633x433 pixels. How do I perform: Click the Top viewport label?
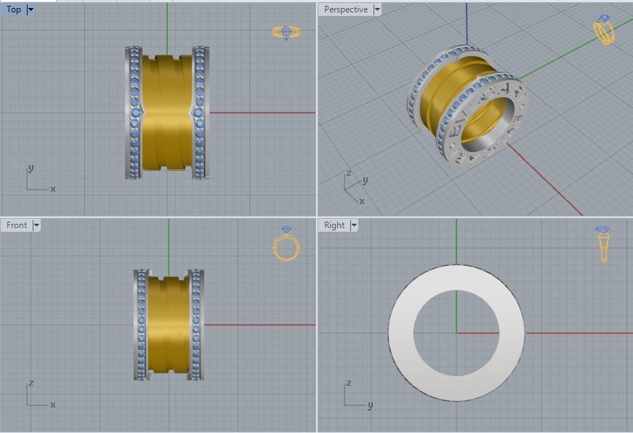coord(13,9)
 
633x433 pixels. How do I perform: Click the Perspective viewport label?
coord(345,9)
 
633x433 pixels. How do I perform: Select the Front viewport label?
coord(16,225)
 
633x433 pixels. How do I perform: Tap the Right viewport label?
coord(334,225)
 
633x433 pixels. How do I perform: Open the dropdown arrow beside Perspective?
coord(376,9)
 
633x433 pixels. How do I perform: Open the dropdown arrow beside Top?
coord(31,9)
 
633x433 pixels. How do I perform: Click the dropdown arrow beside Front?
coord(36,225)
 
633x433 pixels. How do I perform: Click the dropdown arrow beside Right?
coord(354,225)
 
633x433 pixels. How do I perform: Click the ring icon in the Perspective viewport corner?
coord(604,31)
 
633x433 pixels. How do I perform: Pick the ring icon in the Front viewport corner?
coord(285,244)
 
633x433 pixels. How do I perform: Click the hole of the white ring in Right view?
coord(456,332)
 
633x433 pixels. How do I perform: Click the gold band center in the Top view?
coord(167,113)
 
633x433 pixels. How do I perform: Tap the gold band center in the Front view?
coord(169,324)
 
